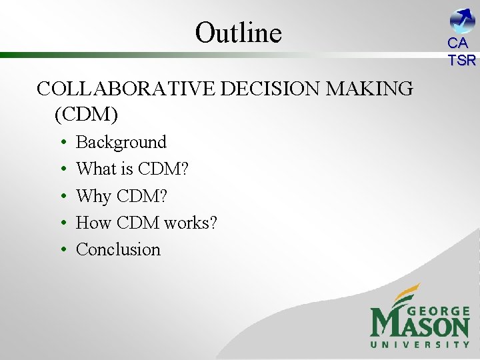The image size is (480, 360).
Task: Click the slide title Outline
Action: [x=239, y=32]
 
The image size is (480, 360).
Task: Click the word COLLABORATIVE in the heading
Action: [x=125, y=89]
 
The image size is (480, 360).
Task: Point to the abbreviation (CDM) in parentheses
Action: [x=86, y=115]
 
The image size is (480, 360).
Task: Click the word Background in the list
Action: [x=121, y=142]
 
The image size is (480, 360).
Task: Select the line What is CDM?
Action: [x=133, y=169]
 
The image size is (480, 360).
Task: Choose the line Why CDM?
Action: [x=122, y=196]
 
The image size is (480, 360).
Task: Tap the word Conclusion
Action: [x=119, y=249]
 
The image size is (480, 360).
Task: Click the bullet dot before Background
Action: [x=61, y=143]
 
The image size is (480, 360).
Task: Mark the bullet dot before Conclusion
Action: [x=61, y=250]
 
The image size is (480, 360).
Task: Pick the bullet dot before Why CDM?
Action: [x=61, y=197]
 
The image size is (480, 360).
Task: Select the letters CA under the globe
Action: [x=458, y=43]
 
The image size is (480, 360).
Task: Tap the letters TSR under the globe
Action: [x=462, y=60]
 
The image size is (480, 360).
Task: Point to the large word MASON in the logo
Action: [x=419, y=326]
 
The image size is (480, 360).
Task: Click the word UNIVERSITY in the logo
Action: [x=420, y=345]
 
